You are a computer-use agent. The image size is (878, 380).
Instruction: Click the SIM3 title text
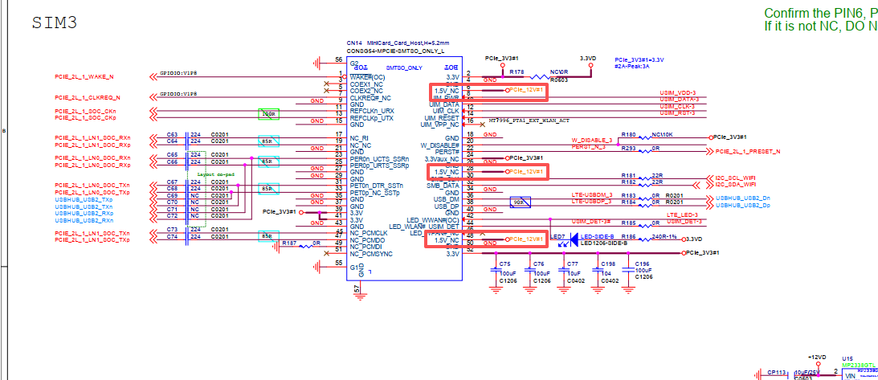point(54,22)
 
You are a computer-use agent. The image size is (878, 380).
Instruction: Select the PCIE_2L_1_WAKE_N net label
point(84,76)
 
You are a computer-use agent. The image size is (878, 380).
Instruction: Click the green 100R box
point(268,115)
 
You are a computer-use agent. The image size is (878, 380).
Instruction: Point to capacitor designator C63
point(172,134)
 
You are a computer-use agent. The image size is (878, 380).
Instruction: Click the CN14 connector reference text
point(354,43)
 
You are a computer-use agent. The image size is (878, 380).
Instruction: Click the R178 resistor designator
point(517,72)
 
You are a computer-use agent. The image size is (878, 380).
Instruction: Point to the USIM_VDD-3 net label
point(677,92)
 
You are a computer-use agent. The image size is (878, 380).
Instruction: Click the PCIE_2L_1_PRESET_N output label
point(748,151)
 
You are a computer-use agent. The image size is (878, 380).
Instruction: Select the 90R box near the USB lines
point(520,202)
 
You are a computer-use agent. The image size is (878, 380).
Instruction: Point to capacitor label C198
point(607,264)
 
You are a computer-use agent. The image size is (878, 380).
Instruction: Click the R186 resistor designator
point(628,238)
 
